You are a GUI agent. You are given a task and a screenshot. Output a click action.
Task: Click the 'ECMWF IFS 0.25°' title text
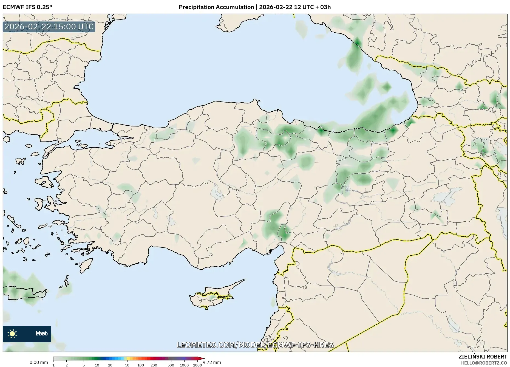pos(27,7)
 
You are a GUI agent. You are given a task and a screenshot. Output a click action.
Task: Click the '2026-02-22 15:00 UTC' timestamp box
pos(49,27)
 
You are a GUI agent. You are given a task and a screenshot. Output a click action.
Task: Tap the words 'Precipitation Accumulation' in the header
pos(216,7)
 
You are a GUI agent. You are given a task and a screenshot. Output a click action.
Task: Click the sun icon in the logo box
pos(12,334)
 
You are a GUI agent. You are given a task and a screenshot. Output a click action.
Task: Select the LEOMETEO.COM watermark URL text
pos(255,345)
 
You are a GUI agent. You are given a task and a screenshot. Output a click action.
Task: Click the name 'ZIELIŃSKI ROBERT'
pos(483,357)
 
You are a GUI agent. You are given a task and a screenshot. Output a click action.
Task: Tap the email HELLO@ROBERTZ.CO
pos(484,363)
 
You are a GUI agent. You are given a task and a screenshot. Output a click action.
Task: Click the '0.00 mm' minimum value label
pos(39,362)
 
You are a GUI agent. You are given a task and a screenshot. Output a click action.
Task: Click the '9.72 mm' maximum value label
pos(212,362)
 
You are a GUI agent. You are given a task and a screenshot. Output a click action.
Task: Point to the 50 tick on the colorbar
pos(127,365)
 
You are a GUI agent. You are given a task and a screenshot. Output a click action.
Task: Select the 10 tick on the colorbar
pos(97,365)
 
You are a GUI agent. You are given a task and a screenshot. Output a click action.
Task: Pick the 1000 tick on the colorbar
pos(184,365)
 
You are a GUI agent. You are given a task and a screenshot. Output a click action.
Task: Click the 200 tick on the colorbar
pos(154,365)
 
